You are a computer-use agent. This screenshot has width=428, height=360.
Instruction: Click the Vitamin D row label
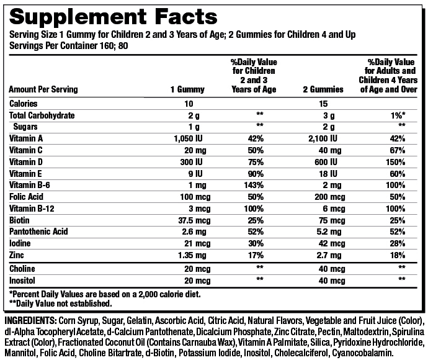[26, 162]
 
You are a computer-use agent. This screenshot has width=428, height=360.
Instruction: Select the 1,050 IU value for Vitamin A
[187, 138]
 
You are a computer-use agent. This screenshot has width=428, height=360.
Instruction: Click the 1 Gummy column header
[187, 89]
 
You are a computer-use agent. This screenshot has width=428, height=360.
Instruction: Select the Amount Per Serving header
[43, 89]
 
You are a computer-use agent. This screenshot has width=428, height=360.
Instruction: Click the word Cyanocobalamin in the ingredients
[365, 352]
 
